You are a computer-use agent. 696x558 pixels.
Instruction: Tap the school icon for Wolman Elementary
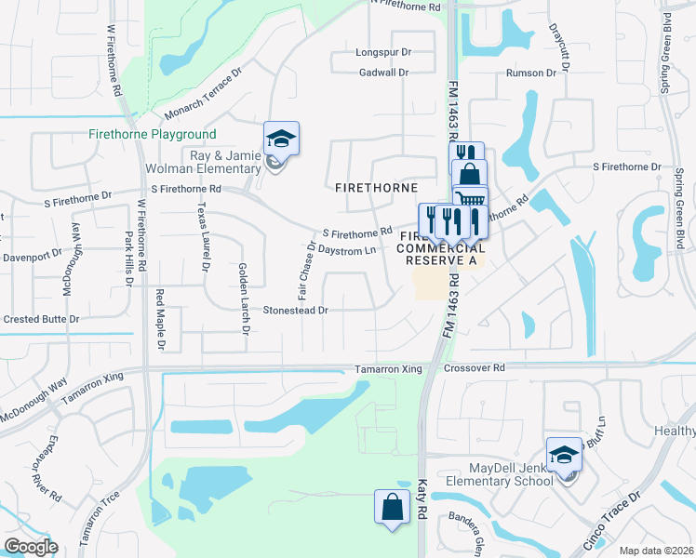tap(281, 139)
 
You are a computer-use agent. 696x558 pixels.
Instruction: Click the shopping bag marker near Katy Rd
tap(392, 508)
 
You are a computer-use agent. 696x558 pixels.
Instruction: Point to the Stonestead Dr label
tap(296, 310)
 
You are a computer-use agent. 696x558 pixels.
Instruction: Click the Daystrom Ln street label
tap(346, 250)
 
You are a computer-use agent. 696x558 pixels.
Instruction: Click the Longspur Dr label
tap(382, 53)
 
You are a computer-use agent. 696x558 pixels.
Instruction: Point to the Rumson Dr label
tap(530, 73)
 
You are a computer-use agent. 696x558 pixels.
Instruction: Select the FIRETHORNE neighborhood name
tap(376, 187)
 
